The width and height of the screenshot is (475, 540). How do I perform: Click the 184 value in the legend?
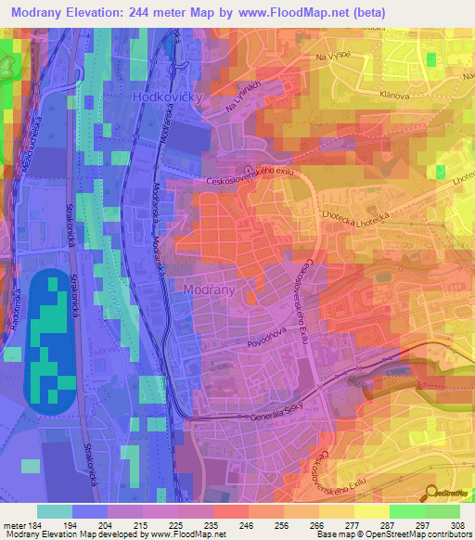point(35,524)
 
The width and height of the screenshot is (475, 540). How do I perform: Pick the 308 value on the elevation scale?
point(457,524)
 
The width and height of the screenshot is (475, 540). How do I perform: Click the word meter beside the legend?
point(13,524)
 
